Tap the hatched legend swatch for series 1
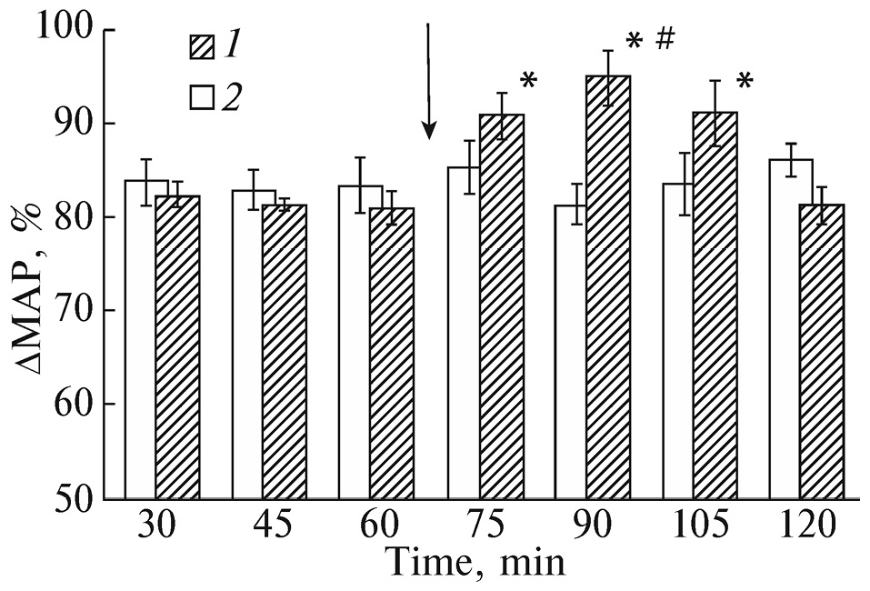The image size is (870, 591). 201,45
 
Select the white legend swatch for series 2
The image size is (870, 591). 201,95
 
